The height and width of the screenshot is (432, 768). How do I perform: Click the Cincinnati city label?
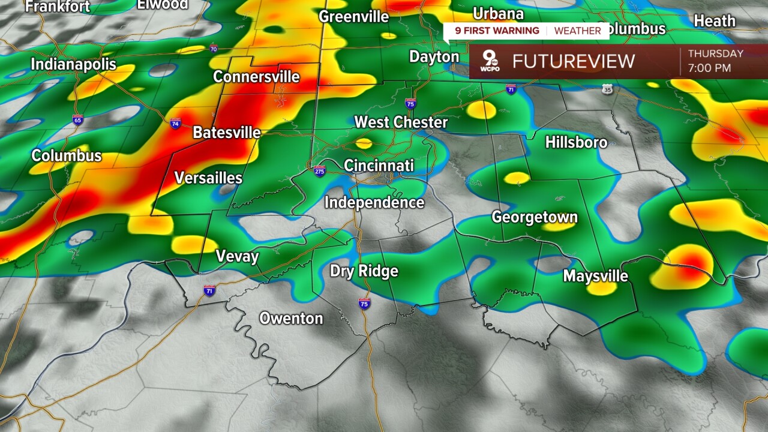(379, 165)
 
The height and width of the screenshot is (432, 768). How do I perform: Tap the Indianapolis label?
(73, 64)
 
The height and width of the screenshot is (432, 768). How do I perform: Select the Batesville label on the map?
(226, 133)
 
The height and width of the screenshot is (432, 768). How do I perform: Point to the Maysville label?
(595, 276)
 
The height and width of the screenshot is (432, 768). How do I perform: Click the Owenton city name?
(291, 318)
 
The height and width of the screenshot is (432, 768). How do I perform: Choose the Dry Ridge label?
(364, 271)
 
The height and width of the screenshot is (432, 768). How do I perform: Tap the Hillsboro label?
(576, 142)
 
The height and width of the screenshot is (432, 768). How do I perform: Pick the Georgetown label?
(535, 217)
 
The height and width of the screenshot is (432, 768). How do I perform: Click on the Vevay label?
(237, 257)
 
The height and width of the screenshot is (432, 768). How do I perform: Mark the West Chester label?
(401, 122)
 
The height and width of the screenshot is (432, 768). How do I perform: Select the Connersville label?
(256, 77)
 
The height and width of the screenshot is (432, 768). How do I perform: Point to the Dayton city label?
(434, 57)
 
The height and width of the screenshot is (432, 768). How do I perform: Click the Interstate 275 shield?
(320, 171)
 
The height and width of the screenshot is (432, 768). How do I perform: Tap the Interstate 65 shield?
(78, 119)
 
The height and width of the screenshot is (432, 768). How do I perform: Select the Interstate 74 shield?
(176, 124)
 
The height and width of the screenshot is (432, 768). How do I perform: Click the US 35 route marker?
(608, 89)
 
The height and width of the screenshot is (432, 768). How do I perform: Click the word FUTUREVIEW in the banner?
(573, 61)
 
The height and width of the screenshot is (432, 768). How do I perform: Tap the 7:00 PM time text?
(709, 68)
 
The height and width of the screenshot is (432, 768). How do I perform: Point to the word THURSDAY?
(715, 53)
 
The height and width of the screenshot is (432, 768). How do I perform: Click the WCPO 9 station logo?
(489, 61)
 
